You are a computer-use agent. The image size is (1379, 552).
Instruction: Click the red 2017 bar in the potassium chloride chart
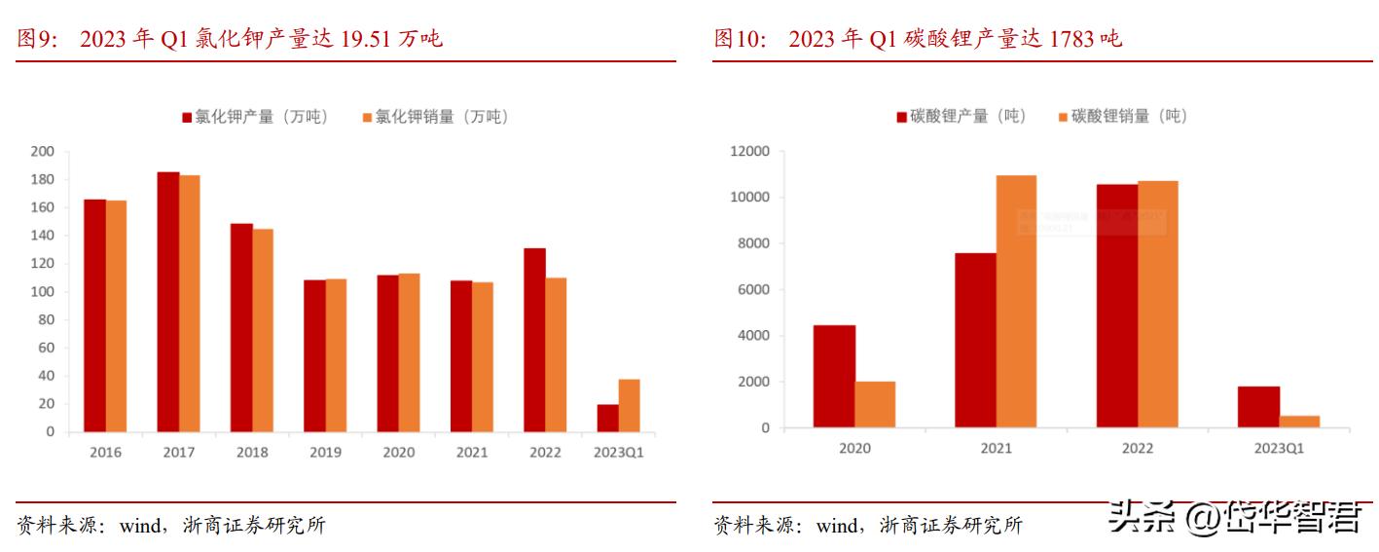point(168,302)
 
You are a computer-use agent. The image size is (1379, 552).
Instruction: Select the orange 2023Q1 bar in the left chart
point(629,406)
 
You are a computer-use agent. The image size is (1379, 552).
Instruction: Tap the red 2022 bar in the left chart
point(534,340)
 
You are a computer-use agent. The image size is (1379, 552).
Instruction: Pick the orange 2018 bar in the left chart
point(263,330)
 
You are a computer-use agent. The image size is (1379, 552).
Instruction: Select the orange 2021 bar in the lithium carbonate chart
point(1016,302)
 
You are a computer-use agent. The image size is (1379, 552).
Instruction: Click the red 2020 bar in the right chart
point(834,377)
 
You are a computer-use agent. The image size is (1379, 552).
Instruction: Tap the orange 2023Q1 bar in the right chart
point(1299,422)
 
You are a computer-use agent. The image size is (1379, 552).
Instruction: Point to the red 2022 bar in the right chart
point(1116,306)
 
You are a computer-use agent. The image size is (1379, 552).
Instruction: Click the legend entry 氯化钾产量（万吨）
point(255,117)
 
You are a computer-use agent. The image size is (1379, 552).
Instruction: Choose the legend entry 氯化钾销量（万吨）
point(435,117)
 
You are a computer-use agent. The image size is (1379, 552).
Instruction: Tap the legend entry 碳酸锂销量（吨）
point(1122,116)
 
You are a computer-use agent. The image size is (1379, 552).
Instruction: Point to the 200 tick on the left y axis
point(43,152)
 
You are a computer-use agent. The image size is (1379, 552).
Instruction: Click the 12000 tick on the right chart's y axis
point(749,152)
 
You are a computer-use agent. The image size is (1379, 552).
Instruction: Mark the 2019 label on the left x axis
point(325,453)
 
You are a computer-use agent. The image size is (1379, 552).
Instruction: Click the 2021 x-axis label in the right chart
point(996,449)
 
